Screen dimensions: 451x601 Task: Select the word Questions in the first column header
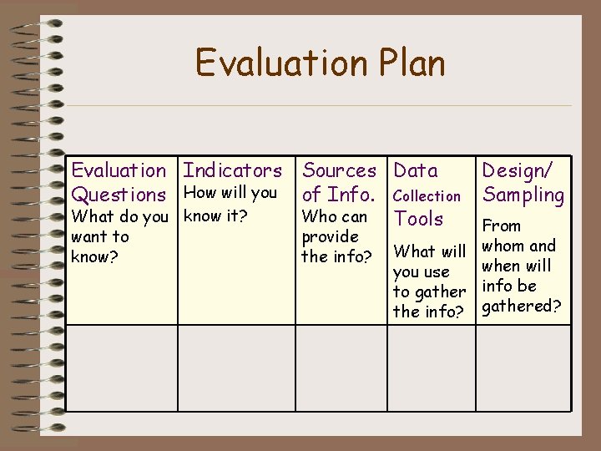[119, 195]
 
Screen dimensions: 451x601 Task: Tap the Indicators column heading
[232, 171]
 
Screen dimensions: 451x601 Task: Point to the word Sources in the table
[339, 171]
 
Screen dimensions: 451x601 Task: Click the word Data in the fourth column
[416, 171]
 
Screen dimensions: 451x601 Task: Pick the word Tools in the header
[418, 219]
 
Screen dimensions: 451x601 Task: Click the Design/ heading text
[518, 171]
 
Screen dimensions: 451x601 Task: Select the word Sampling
[523, 195]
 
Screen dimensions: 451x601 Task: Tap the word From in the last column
[502, 226]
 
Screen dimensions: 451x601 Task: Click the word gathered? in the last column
[522, 307]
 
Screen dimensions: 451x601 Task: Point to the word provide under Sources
[330, 237]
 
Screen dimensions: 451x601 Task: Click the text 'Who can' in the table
[334, 217]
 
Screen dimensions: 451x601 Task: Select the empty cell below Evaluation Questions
[121, 367]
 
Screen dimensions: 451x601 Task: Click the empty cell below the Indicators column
[236, 367]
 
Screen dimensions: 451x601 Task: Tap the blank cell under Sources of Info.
[342, 367]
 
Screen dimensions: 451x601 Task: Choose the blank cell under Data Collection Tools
[432, 367]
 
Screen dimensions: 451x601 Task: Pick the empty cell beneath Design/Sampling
[523, 367]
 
